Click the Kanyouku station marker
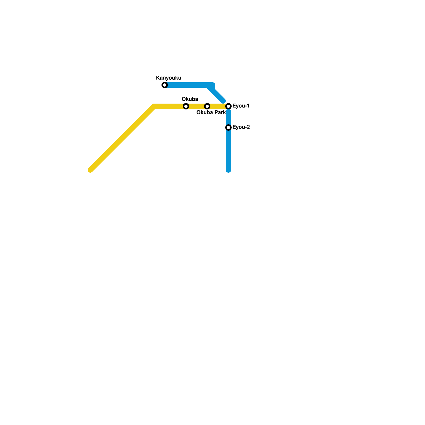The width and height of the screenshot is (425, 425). [165, 85]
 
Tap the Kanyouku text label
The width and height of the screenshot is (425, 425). [168, 78]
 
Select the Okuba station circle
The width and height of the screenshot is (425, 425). [186, 106]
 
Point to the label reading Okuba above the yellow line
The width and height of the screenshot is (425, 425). [190, 99]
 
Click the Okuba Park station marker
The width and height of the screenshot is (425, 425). [207, 106]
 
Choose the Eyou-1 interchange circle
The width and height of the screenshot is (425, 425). [228, 106]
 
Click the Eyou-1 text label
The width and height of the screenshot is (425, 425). [241, 106]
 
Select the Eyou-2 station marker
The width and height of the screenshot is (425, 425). [228, 127]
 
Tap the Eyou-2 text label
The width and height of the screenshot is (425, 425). [241, 127]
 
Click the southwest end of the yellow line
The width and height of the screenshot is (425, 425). [91, 170]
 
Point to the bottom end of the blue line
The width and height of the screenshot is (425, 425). [228, 170]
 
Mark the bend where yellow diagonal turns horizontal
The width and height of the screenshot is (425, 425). [154, 106]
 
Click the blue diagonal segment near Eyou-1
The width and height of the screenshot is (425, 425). [218, 96]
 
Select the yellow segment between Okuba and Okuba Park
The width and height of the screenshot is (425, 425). [197, 106]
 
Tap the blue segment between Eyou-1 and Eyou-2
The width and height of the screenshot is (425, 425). [228, 117]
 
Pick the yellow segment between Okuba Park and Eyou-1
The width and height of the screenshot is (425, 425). [218, 106]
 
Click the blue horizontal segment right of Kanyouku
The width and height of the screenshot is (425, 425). [186, 85]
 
